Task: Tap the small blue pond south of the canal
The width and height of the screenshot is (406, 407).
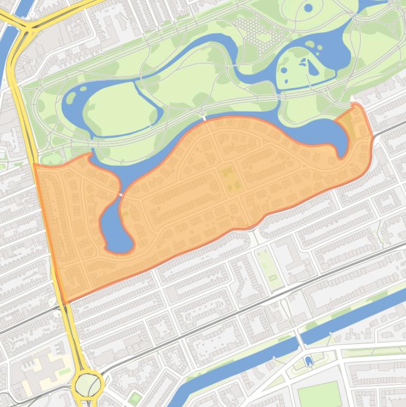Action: tap(309, 361)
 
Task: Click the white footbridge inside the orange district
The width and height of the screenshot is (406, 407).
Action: tap(121, 195)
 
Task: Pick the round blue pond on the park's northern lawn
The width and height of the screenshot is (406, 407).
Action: tap(308, 8)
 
